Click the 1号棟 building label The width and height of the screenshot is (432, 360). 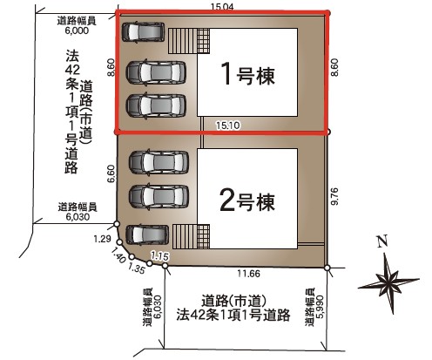(x=247, y=74)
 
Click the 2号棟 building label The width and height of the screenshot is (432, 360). (x=247, y=200)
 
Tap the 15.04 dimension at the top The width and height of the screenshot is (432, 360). (x=223, y=7)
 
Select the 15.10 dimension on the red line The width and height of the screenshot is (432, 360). (x=228, y=126)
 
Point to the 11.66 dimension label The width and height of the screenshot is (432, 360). (x=249, y=274)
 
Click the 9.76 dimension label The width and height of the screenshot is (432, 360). (x=334, y=196)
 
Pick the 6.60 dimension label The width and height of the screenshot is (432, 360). (x=111, y=174)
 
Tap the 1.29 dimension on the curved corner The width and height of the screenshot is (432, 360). (x=102, y=239)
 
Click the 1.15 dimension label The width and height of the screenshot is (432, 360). (x=160, y=256)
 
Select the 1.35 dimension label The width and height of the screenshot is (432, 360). (x=136, y=268)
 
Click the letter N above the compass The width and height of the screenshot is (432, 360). (x=382, y=241)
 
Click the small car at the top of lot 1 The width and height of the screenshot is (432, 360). (x=143, y=32)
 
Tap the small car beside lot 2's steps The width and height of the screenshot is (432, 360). (x=147, y=234)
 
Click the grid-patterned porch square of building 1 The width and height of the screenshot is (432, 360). (x=204, y=41)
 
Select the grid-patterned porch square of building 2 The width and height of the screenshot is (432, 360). (x=204, y=236)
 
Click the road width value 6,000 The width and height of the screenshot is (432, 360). (x=77, y=31)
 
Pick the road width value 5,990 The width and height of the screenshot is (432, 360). (x=319, y=307)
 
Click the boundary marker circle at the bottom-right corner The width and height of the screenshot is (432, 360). (x=327, y=268)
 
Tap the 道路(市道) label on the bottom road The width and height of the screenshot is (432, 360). (x=234, y=301)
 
